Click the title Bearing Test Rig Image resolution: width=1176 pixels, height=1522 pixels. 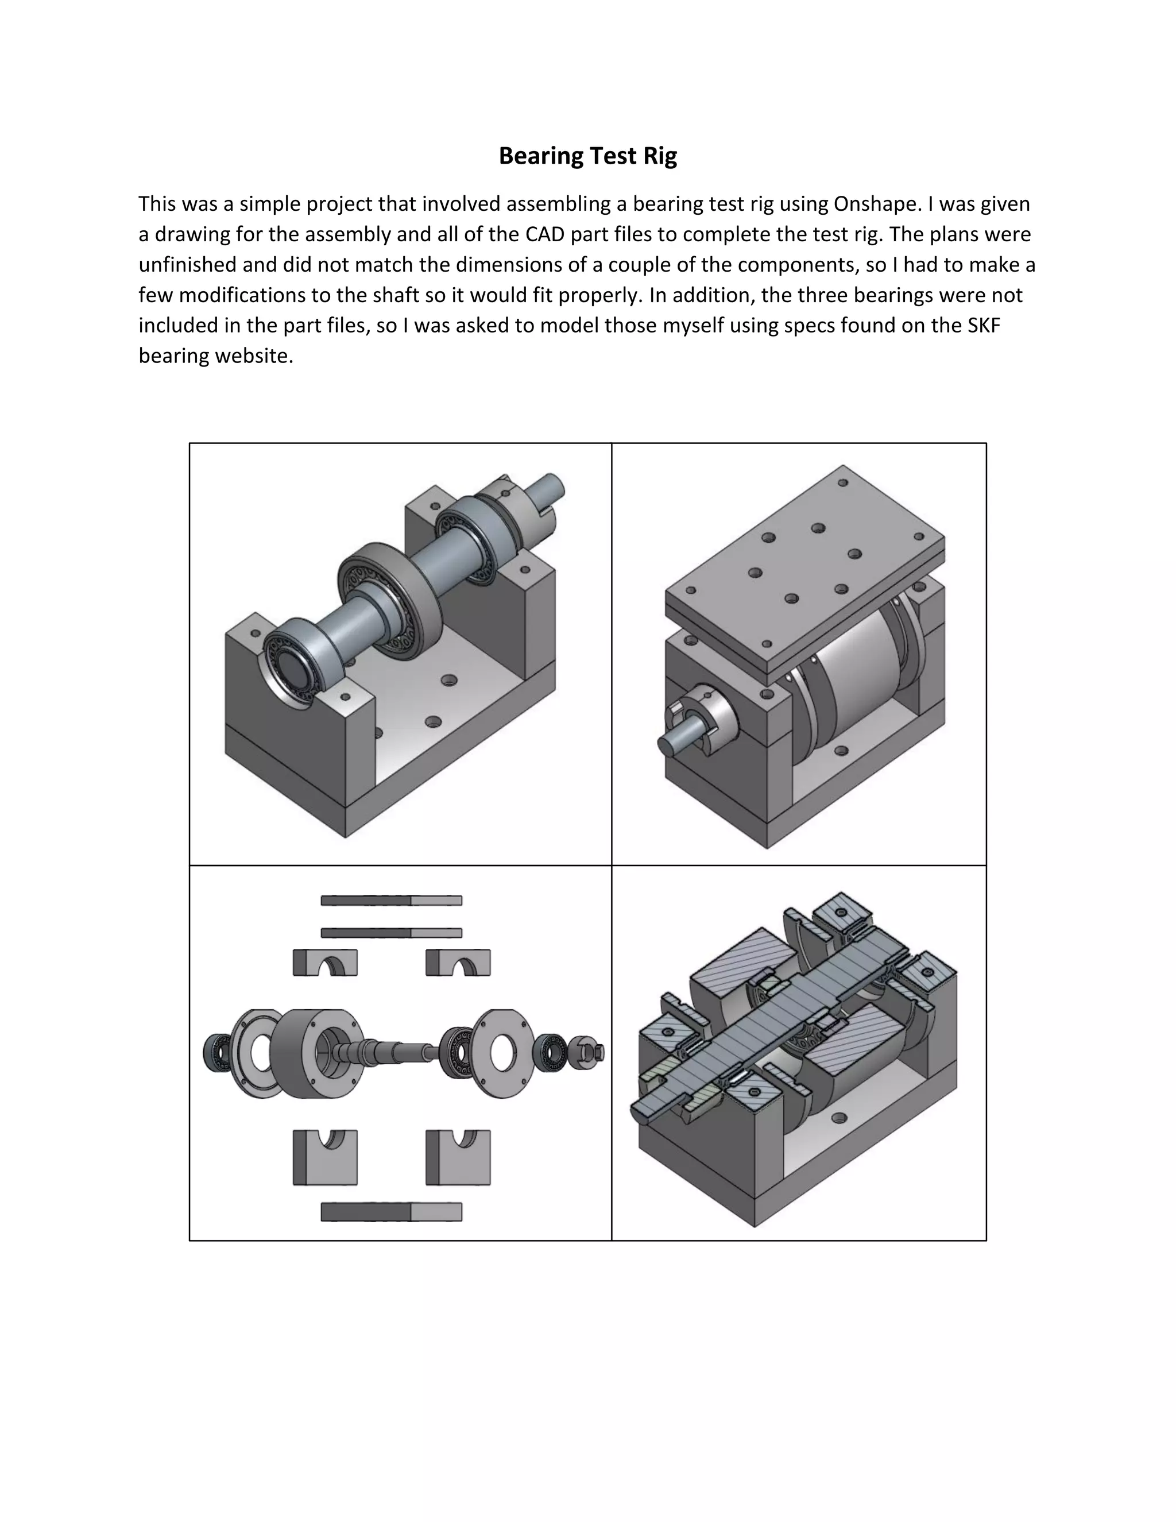coord(587,156)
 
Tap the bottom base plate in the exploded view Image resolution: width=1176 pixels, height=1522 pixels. coord(391,1212)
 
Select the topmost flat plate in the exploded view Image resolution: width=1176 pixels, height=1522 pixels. coord(391,901)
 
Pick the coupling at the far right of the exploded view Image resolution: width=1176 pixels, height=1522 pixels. coord(587,1052)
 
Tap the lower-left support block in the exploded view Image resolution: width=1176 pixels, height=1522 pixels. coord(324,1158)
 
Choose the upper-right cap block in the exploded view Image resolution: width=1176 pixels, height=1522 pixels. coord(458,963)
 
